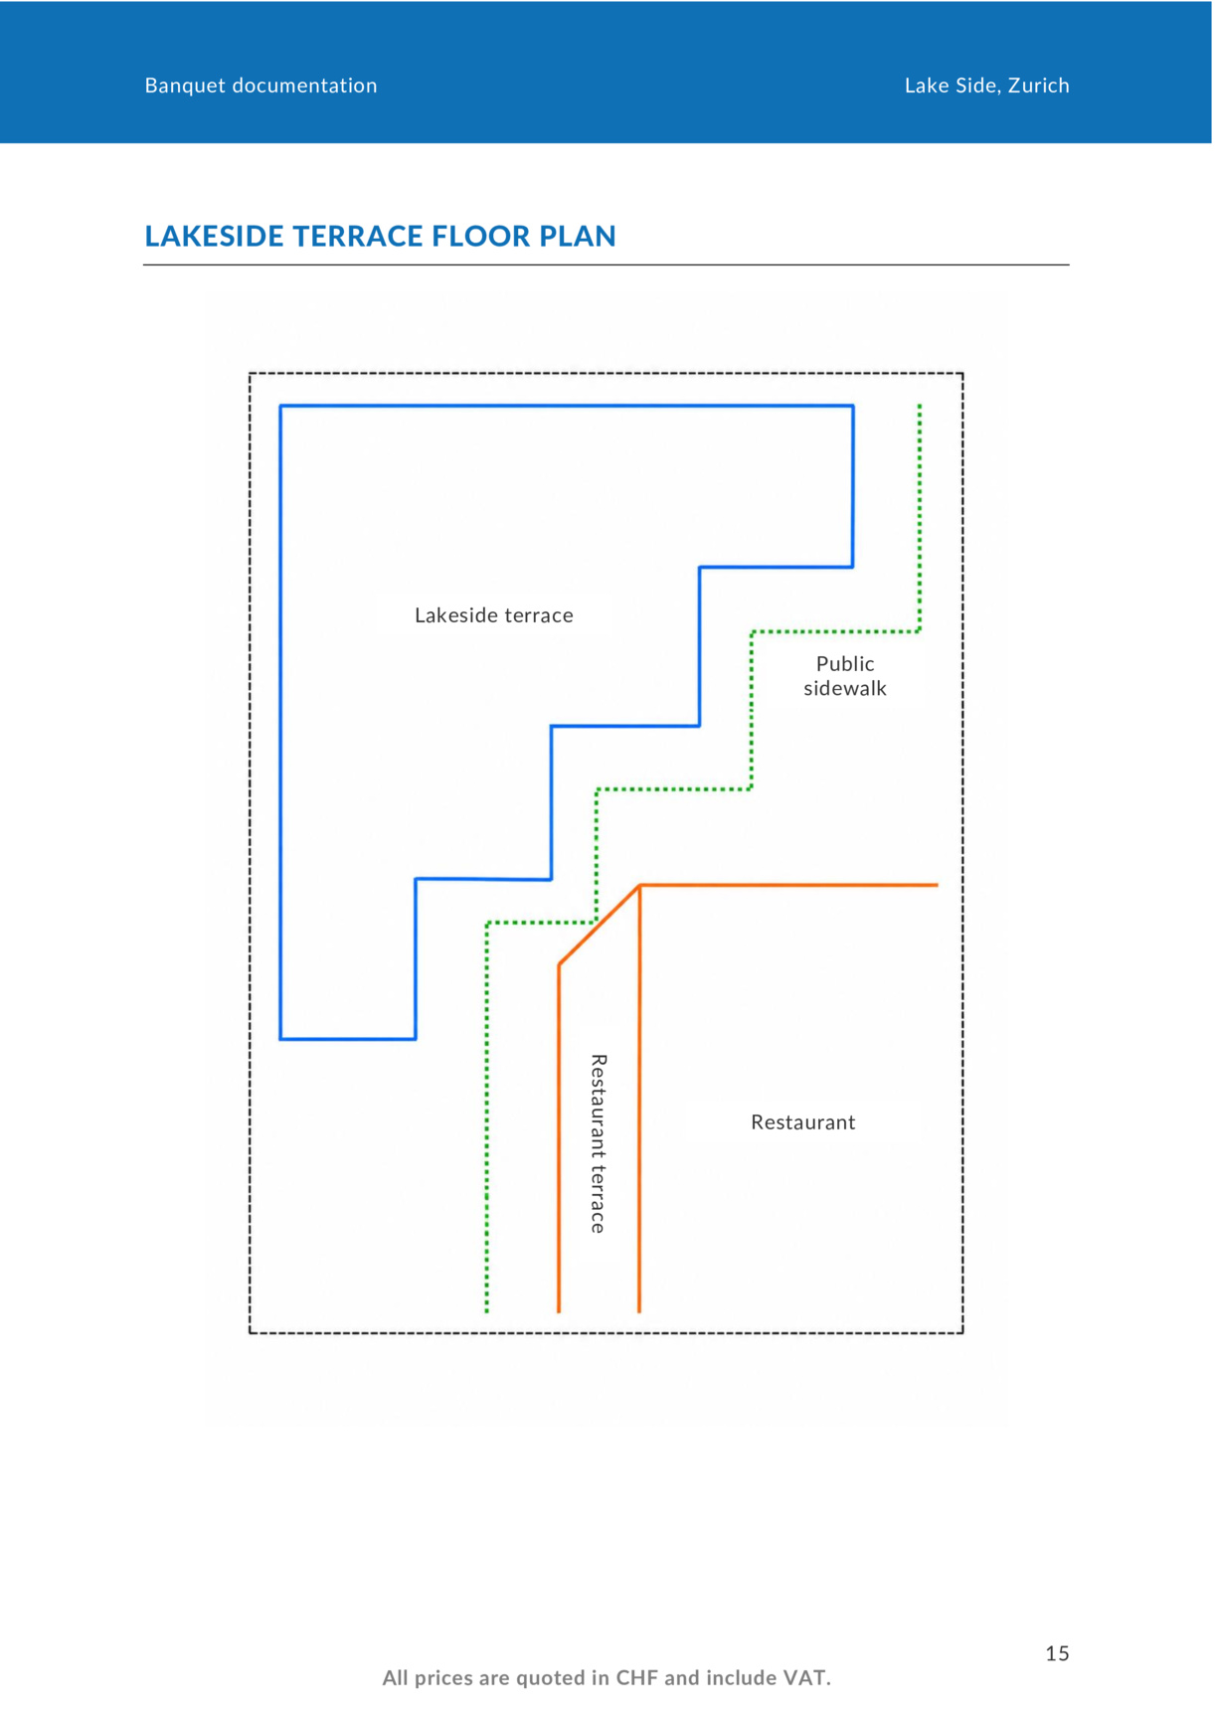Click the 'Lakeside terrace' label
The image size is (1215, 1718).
494,615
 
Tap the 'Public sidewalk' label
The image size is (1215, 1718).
845,676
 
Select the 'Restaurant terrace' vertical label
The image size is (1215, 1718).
599,1144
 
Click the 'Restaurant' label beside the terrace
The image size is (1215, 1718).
803,1122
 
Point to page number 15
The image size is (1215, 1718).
1057,1653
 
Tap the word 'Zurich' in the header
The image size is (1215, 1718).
1039,86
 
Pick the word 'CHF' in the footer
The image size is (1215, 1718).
637,1678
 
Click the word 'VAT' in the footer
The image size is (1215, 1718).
806,1678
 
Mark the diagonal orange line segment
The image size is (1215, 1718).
599,925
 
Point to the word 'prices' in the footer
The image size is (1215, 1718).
443,1678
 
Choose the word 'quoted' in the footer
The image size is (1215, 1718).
550,1678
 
